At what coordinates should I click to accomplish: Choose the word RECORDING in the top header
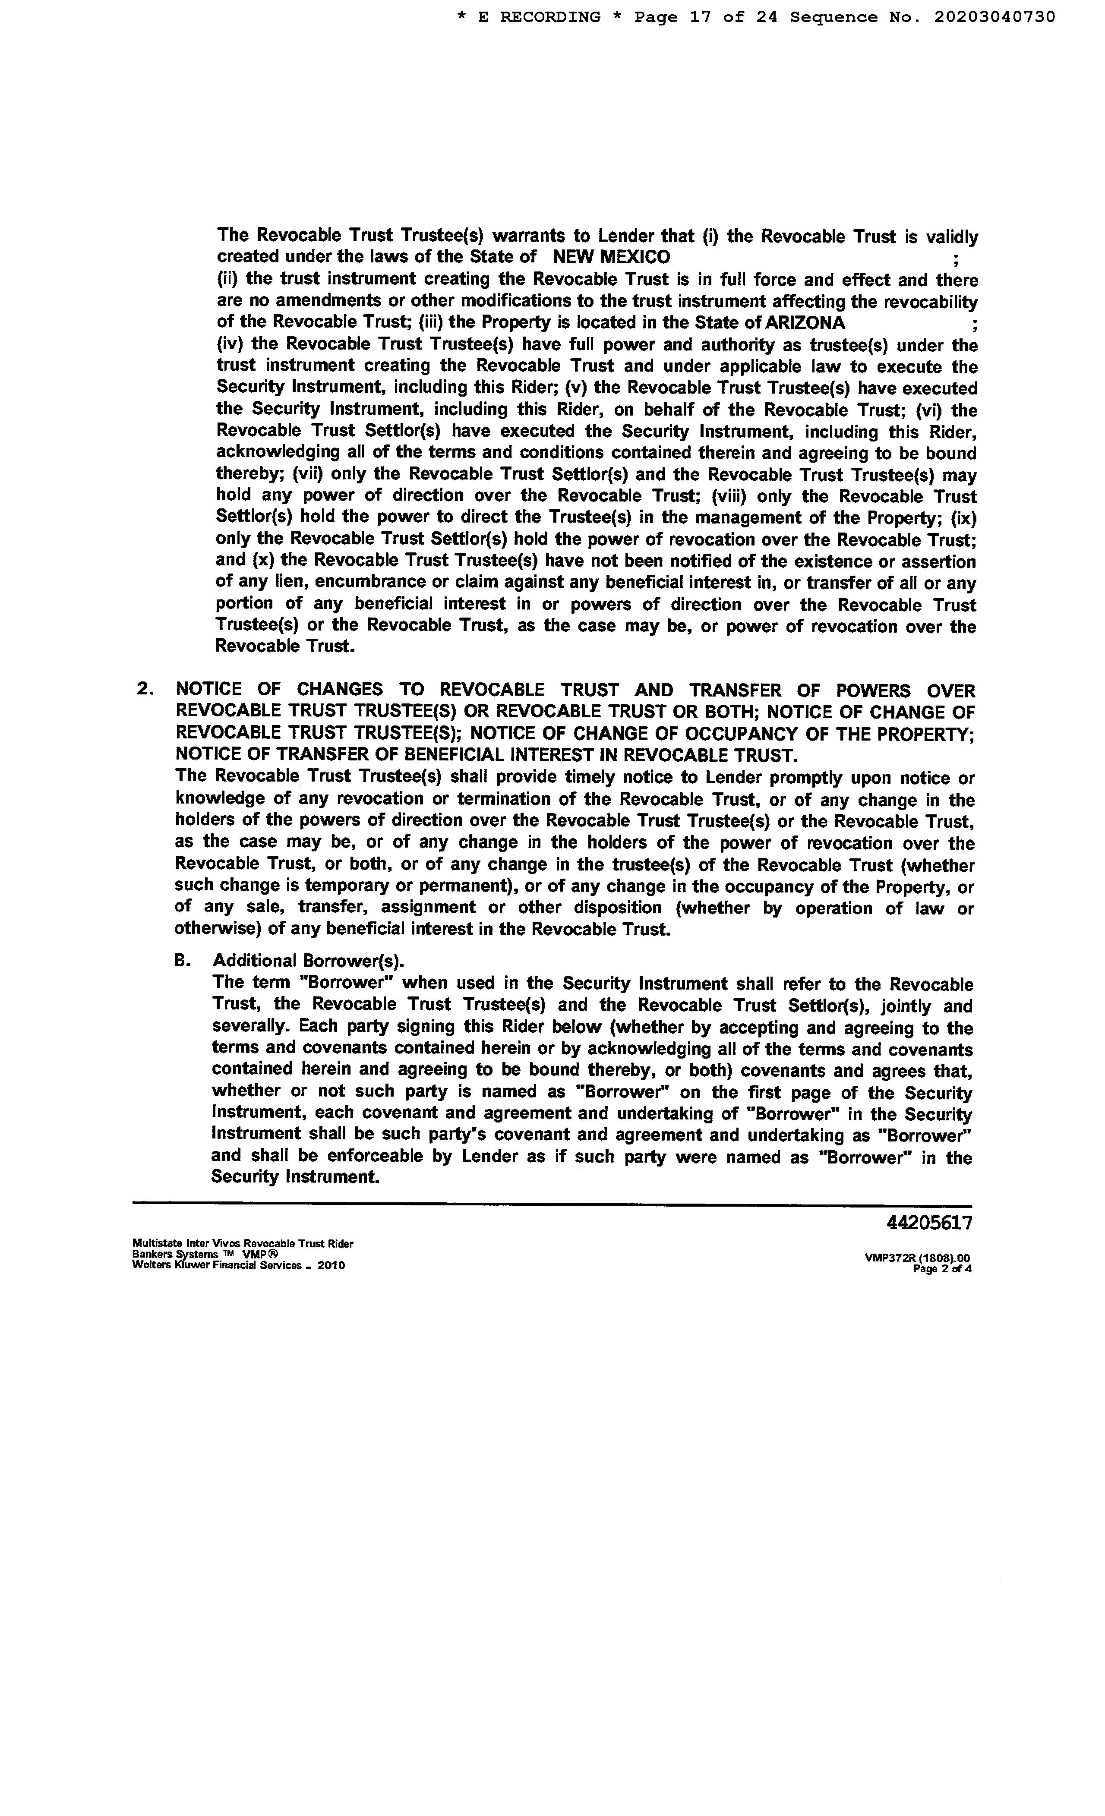(x=550, y=17)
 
